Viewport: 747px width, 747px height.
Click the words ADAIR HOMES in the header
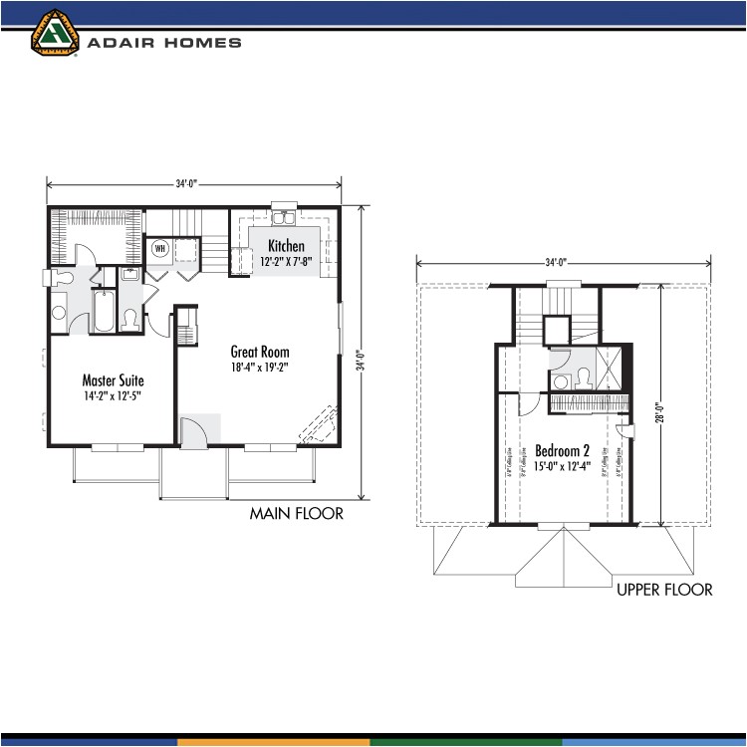point(164,43)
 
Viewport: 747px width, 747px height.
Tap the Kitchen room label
point(286,246)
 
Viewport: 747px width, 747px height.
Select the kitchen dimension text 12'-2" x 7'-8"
point(286,261)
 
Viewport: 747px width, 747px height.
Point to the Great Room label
point(260,352)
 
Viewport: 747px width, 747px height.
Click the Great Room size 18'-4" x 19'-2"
point(260,367)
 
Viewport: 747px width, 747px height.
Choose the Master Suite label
point(113,380)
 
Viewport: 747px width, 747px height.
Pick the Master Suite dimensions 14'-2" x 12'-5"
point(113,395)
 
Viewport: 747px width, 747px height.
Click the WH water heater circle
point(159,248)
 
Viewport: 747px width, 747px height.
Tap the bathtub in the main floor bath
point(104,310)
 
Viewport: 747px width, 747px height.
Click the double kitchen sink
point(285,222)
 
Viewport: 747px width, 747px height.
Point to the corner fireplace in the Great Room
point(321,426)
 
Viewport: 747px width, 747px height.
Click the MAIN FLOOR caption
point(296,514)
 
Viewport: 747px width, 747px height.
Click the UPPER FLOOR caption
point(664,590)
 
